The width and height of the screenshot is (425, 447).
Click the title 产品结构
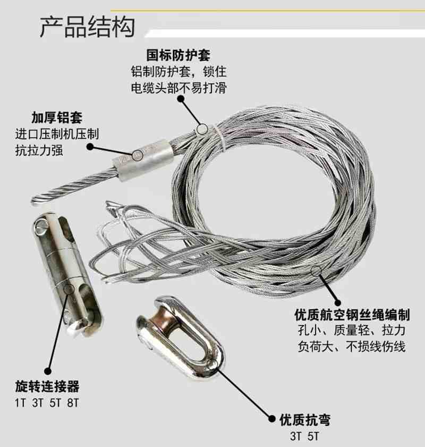tap(87, 27)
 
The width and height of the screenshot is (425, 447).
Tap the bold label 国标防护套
tap(178, 55)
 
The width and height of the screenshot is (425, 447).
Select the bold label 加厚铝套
tap(57, 117)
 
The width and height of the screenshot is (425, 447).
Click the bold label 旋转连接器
tap(47, 386)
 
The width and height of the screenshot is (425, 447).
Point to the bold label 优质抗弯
tap(305, 420)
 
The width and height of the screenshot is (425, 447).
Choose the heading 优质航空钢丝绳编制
tap(352, 315)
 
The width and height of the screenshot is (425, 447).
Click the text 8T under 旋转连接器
tap(73, 403)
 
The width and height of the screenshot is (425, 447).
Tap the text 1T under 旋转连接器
tap(20, 403)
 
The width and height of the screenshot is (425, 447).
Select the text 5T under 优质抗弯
tap(313, 436)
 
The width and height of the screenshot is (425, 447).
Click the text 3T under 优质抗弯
tap(296, 436)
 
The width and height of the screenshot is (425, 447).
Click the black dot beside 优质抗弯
tap(272, 419)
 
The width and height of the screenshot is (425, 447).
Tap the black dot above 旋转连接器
tap(48, 371)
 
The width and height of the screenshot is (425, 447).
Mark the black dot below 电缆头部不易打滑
tap(181, 99)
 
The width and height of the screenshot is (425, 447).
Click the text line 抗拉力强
tap(39, 150)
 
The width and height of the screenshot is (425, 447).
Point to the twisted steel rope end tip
tap(33, 200)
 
